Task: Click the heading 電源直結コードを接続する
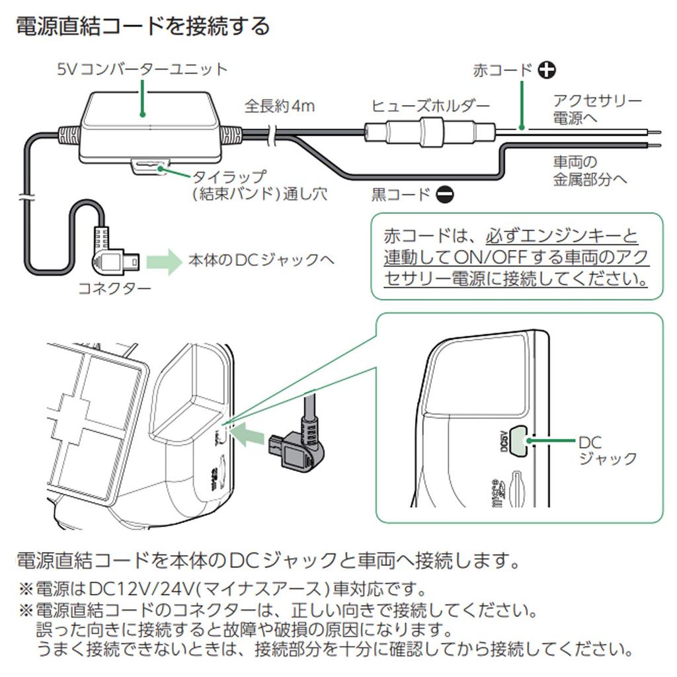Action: click(142, 27)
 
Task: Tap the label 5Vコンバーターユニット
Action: click(142, 69)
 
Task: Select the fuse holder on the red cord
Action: click(430, 131)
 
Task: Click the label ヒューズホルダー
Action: click(430, 106)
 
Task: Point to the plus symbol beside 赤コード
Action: click(546, 70)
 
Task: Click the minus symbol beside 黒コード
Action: click(445, 195)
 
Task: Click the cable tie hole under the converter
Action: click(151, 167)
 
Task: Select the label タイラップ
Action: click(229, 177)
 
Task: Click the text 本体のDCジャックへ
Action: click(261, 260)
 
